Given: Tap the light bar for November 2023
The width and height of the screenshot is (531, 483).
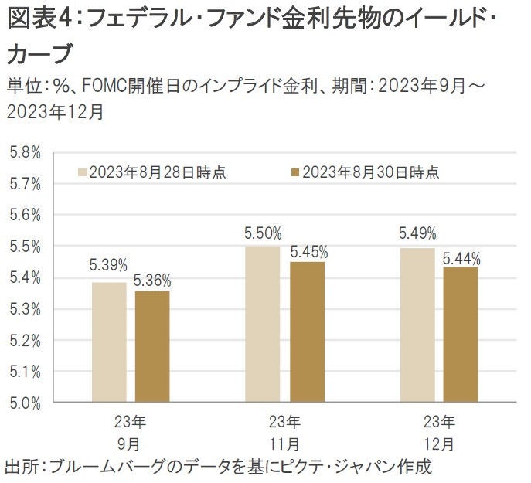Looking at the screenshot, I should coord(263,324).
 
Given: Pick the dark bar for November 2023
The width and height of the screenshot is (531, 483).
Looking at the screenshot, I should coord(307,332).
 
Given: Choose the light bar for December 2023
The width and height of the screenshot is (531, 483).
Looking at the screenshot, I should coord(418,325).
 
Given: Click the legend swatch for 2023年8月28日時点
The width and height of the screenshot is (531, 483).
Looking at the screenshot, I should coord(82,172).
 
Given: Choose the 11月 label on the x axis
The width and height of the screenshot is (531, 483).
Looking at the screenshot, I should coord(284,445).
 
